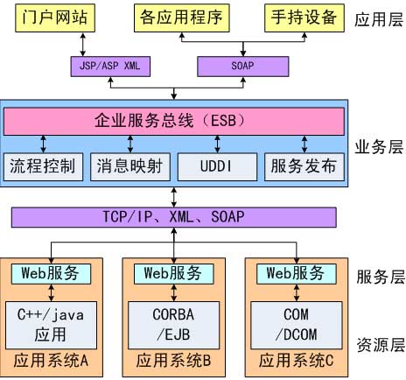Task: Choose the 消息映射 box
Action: pos(129,165)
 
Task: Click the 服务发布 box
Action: pos(303,165)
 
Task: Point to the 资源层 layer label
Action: pos(378,343)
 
